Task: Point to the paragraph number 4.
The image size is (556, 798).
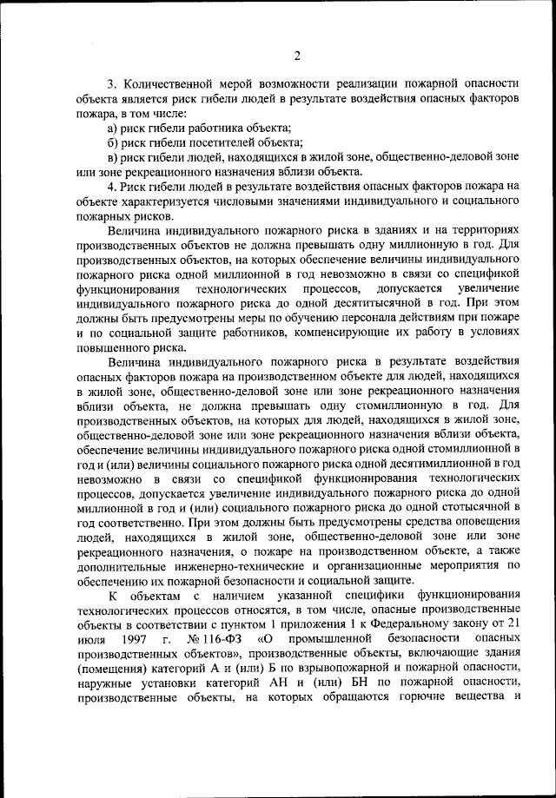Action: coord(111,186)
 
